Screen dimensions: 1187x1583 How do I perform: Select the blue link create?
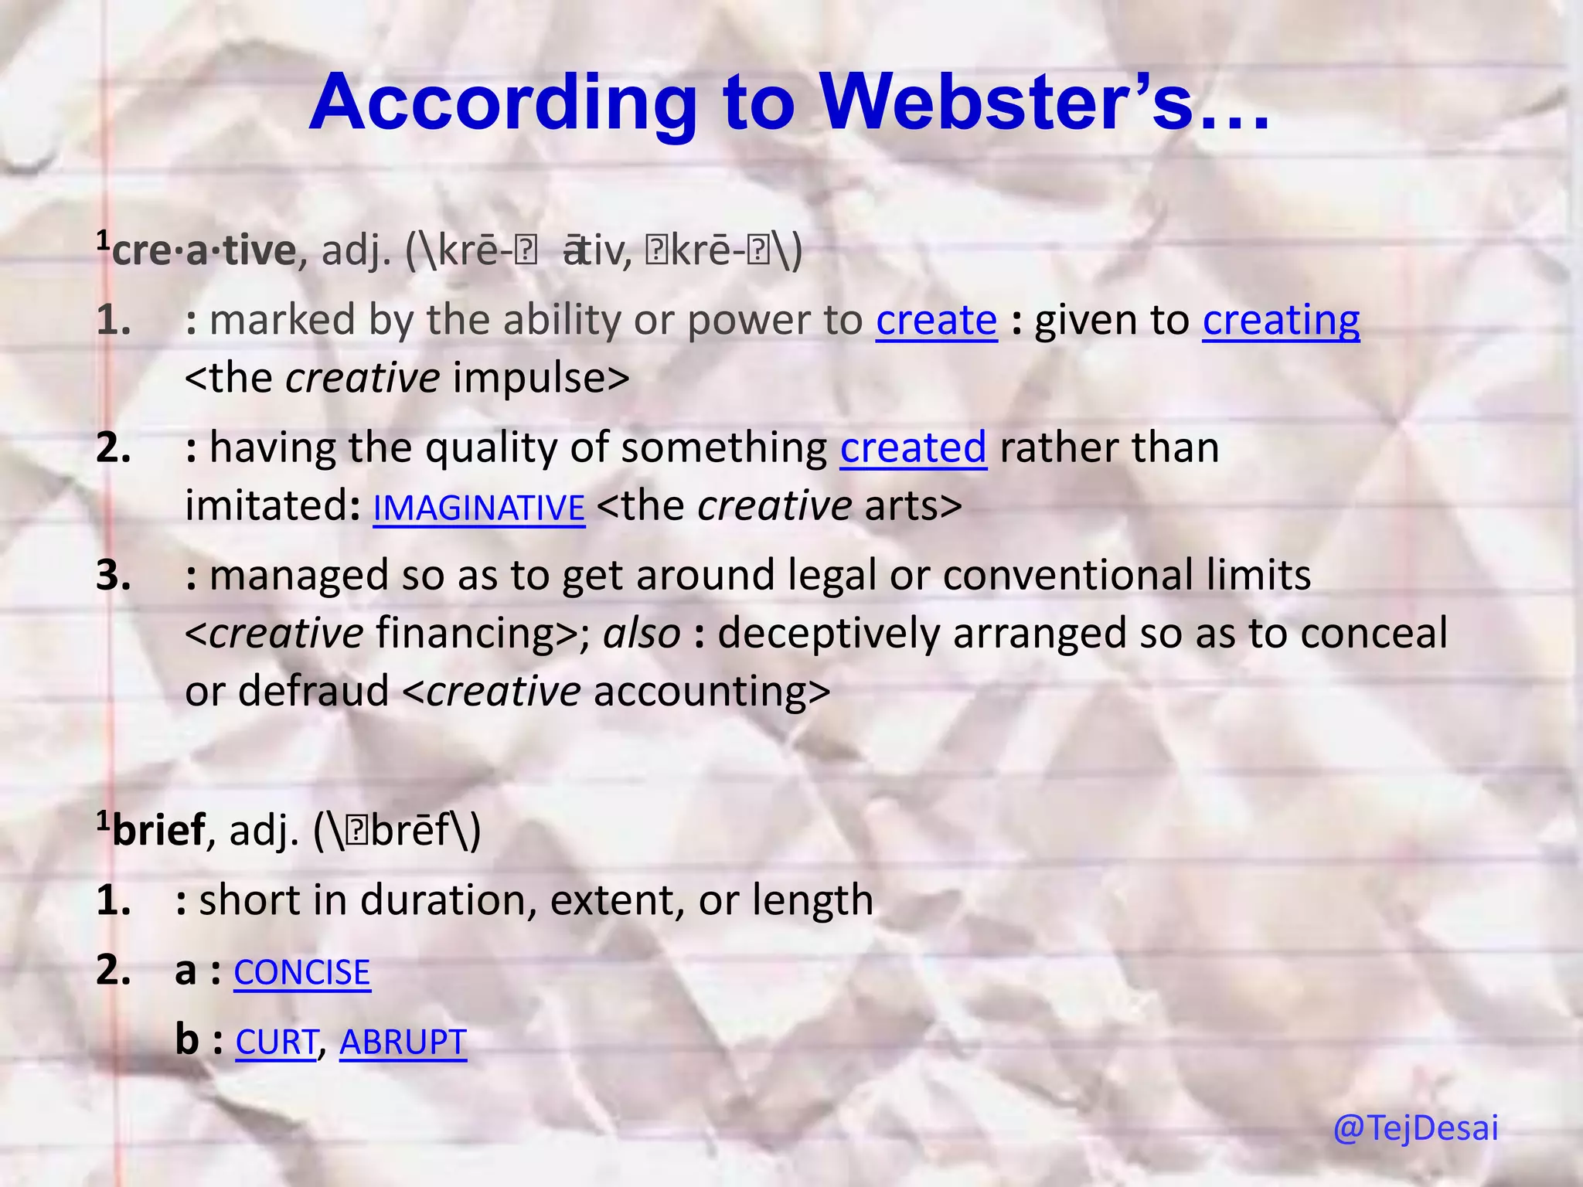[x=936, y=320]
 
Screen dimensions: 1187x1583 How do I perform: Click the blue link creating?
[x=1281, y=320]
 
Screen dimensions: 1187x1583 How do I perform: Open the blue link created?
[x=913, y=448]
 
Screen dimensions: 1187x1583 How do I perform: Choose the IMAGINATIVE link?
[x=478, y=508]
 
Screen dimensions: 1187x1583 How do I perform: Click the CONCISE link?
[x=302, y=972]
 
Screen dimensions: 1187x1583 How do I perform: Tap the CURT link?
[x=276, y=1042]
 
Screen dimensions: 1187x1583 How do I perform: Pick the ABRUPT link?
[x=403, y=1042]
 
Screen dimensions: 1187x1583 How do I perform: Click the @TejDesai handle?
[x=1415, y=1127]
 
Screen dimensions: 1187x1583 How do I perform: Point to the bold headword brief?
[x=159, y=831]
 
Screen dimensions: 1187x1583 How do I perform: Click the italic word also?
[x=642, y=634]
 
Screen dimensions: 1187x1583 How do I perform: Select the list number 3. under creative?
[x=114, y=576]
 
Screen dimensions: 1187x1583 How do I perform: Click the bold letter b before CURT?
[x=187, y=1039]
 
